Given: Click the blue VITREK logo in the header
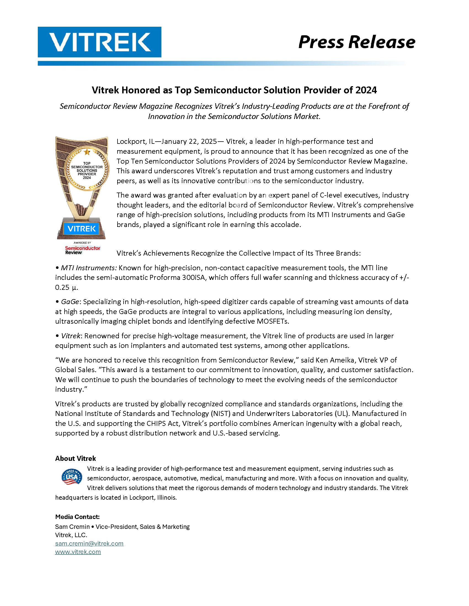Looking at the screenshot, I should [x=100, y=42].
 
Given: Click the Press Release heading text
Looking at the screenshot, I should [x=356, y=42].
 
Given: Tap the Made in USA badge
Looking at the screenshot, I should [x=72, y=477].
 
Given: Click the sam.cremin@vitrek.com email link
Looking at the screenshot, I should [x=89, y=543].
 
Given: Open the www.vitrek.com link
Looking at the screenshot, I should [x=78, y=552].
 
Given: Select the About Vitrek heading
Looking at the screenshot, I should [x=75, y=458].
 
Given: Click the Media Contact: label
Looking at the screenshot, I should [x=77, y=517].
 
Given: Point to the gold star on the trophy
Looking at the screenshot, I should [x=87, y=152].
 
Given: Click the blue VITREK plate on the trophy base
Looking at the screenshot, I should [x=82, y=229].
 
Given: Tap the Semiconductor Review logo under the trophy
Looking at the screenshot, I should [x=82, y=250].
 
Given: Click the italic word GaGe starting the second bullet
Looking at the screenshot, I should [x=70, y=302].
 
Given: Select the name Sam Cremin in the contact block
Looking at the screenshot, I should [x=72, y=527].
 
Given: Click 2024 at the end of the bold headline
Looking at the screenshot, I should [x=366, y=90].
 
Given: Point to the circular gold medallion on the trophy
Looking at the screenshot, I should [x=87, y=170].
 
